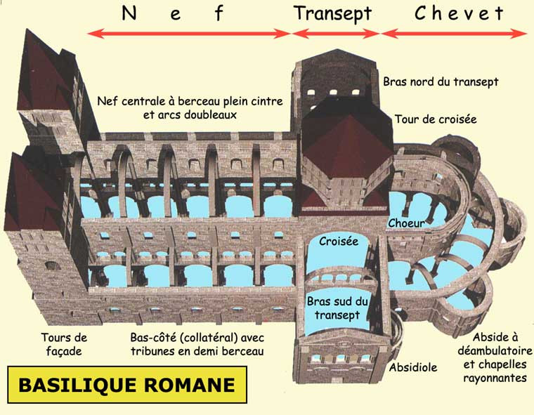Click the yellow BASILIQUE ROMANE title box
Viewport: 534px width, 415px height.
[126, 385]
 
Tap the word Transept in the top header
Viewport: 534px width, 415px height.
[333, 13]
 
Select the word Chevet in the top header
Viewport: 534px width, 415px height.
[459, 13]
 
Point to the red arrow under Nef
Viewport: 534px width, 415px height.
[189, 33]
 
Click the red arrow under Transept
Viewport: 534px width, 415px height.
[336, 33]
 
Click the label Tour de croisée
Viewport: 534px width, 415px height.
[436, 119]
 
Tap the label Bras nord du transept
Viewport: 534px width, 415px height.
[441, 82]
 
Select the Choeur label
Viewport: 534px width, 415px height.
[405, 223]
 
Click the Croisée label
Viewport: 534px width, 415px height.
[339, 241]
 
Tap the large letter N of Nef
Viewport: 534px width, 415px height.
[129, 13]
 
